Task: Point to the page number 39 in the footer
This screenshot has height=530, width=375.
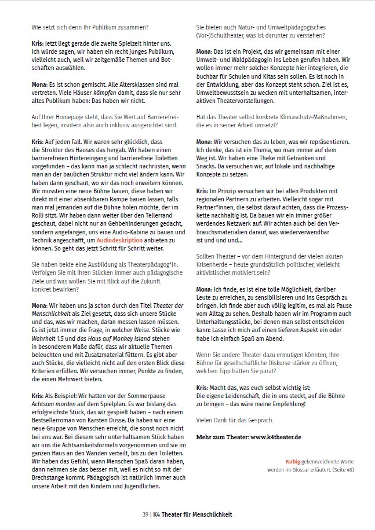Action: tap(145, 513)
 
